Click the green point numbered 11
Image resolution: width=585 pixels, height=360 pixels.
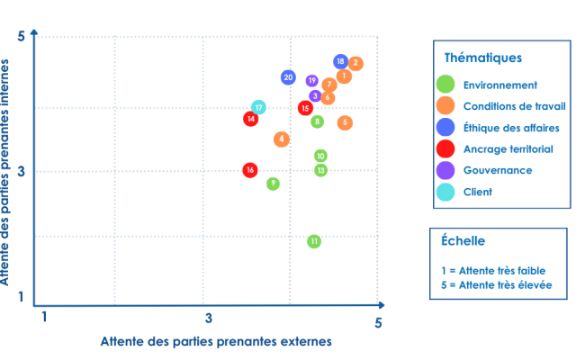coord(314,241)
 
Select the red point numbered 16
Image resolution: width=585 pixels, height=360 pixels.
coord(250,170)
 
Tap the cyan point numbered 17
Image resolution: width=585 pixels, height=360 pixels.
coord(258,108)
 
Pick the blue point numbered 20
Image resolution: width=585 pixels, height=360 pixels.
coord(288,77)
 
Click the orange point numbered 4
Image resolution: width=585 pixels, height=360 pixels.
coord(282,139)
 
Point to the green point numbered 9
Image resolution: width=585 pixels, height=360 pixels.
coord(273,184)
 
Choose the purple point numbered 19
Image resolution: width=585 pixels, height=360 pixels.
coord(312,81)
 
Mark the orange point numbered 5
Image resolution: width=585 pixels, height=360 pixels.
coord(346,122)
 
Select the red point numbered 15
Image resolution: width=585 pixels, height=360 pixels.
coord(305,108)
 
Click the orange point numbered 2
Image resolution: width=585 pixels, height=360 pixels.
coord(356,63)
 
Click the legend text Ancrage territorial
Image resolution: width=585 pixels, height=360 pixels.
coord(508,148)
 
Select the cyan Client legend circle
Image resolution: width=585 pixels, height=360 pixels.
coord(445,191)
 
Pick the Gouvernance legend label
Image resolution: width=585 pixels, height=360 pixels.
coord(497,170)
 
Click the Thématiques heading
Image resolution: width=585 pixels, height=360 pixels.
coord(483,58)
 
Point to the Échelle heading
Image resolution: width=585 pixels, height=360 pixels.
coord(463,241)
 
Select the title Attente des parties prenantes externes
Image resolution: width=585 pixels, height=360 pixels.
coord(217,341)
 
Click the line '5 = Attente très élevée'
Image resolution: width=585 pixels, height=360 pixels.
coord(497,285)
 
